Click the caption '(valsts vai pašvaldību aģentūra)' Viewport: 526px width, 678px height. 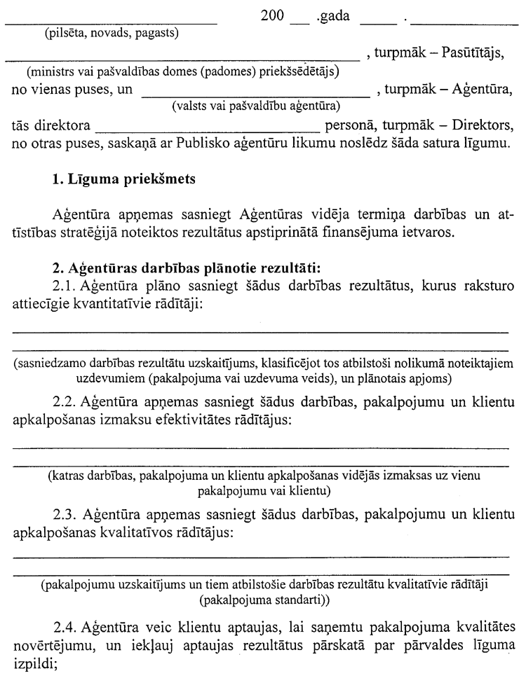point(256,106)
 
